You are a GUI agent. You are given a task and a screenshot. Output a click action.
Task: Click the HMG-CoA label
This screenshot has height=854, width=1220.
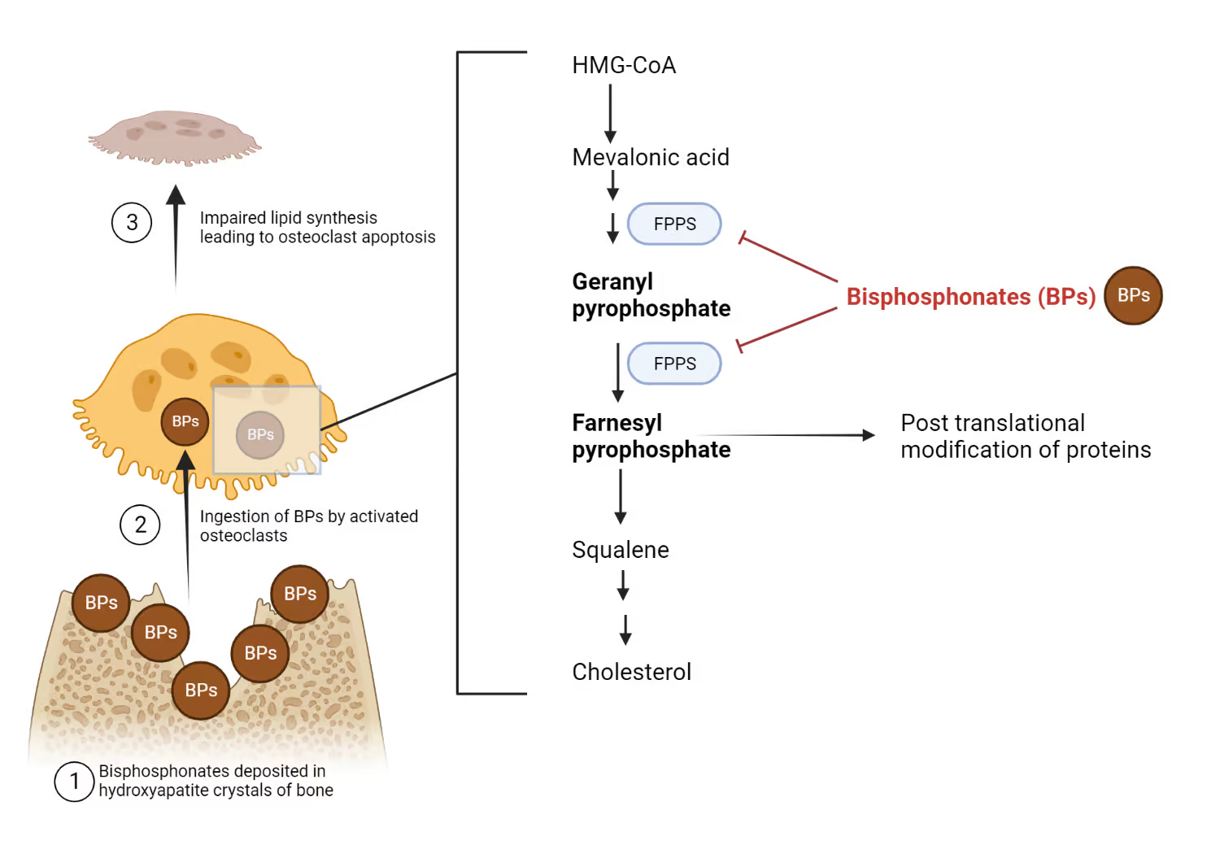coord(624,65)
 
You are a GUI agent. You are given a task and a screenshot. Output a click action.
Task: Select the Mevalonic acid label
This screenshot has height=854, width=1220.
coord(651,157)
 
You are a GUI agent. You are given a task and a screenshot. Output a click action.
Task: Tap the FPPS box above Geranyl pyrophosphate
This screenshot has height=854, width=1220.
coord(674,224)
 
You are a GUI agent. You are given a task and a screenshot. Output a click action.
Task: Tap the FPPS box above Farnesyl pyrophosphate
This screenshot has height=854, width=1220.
coord(674,364)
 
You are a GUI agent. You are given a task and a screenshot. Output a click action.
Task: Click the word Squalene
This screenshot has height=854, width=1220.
coord(621,550)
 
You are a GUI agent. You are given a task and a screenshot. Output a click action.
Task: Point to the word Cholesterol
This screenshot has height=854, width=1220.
coord(632,672)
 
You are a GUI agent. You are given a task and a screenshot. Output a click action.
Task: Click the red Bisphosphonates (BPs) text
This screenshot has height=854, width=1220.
coord(971,297)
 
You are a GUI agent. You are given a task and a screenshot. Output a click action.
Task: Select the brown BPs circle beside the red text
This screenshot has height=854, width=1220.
coord(1133,295)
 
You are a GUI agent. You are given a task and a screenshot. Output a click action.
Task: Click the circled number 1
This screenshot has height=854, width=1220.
coord(74,782)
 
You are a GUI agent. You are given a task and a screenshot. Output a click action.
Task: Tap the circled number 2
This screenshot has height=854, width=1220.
coord(140,525)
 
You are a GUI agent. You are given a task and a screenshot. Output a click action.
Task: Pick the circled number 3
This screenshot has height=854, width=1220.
coord(132,223)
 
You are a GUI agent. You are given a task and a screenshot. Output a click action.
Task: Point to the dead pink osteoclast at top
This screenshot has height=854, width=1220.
coord(174,137)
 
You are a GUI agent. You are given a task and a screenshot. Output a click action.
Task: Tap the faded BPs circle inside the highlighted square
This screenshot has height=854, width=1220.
coord(260,435)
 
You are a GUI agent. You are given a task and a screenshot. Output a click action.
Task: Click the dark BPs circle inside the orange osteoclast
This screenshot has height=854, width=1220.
coord(185,421)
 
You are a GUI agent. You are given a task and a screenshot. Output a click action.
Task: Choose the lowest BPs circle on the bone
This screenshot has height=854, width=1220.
coord(201,691)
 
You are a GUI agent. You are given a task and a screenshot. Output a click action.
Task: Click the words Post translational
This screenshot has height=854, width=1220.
coord(992,423)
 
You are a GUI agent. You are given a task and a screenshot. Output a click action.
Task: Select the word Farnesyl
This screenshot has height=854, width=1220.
coord(617,423)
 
